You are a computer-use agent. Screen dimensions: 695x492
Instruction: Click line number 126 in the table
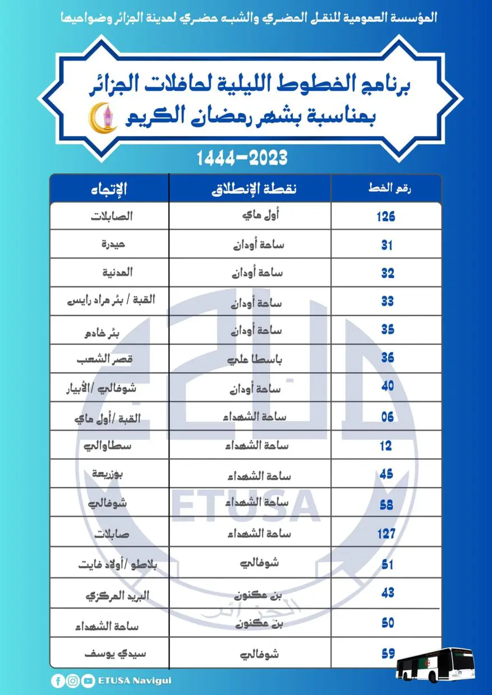(386, 216)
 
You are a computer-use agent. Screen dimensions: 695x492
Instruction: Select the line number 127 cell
(386, 533)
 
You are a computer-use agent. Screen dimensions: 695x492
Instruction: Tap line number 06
(387, 417)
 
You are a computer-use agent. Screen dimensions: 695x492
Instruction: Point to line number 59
(387, 654)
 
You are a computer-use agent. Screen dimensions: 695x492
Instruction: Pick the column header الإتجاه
(109, 189)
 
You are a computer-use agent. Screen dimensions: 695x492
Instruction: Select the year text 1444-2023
(242, 159)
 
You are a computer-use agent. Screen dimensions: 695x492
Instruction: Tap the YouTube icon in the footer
(88, 681)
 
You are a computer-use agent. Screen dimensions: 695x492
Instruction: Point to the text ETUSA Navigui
(135, 681)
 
